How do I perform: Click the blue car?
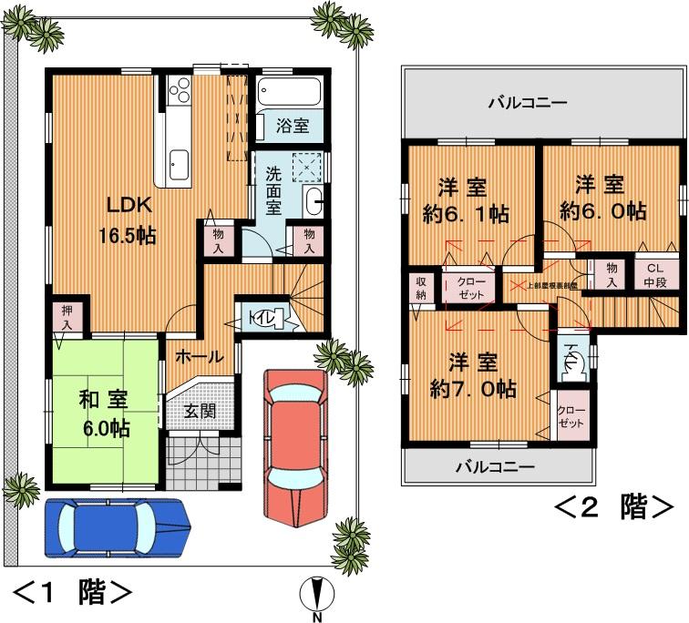117,528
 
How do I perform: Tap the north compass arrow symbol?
316,597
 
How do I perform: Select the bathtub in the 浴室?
287,93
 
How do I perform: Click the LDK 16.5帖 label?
127,220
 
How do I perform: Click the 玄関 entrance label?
200,411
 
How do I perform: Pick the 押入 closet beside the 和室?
69,320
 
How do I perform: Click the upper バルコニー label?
528,102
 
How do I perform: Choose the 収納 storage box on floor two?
420,288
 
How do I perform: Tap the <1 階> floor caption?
74,593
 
